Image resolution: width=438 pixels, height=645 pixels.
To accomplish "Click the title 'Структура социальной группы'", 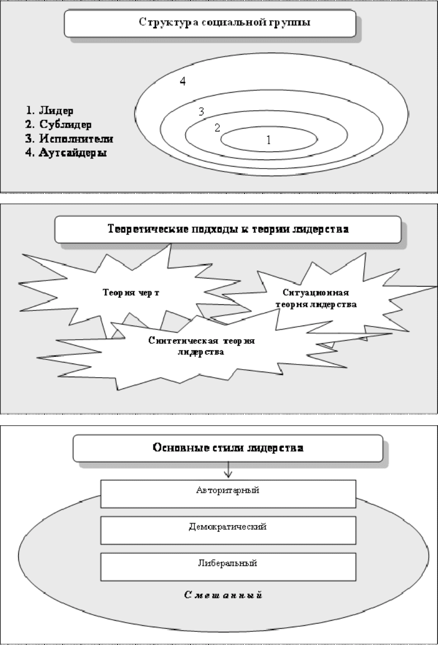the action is [225, 22].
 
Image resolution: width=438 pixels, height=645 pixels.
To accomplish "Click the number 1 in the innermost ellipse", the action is [269, 140].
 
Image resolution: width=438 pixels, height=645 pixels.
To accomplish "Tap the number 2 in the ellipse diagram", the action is [217, 128].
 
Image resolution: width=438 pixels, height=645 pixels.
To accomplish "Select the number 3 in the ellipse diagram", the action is [202, 111].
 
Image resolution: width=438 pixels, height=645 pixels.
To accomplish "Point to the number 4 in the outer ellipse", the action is [183, 81].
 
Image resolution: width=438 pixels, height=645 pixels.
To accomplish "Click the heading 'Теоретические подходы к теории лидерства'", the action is [228, 229].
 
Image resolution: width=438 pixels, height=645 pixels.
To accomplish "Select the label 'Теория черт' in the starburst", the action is [131, 293].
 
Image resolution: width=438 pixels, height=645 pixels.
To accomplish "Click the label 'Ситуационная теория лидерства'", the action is [316, 298].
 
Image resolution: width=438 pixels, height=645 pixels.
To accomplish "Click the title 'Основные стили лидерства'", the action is [228, 448].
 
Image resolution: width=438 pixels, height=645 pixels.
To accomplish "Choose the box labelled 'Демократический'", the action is [228, 531].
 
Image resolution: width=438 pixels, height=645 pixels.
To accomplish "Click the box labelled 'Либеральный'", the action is [228, 567].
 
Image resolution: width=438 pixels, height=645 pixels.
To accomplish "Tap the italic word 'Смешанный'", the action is [223, 595].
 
